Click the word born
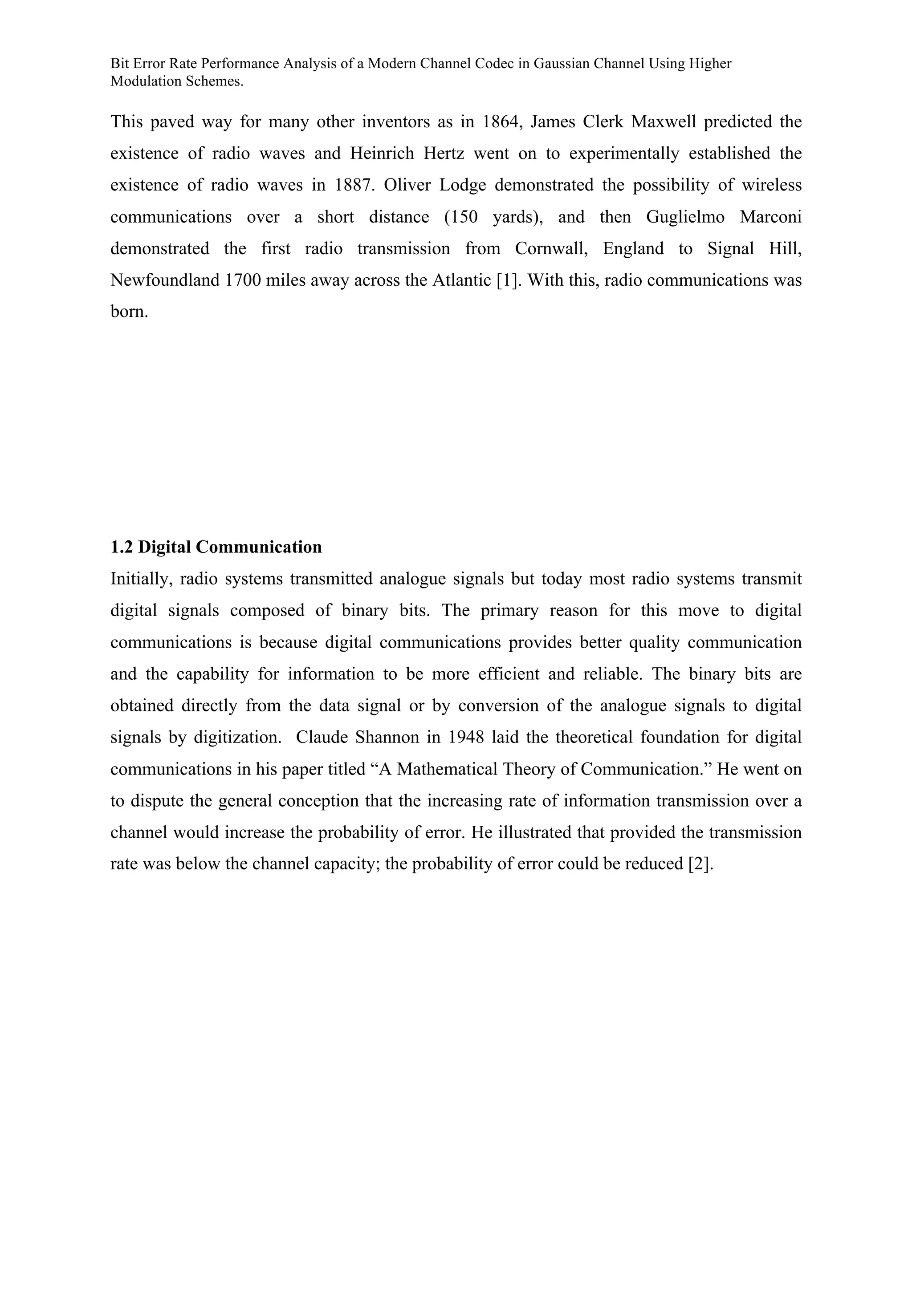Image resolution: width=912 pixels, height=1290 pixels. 129,312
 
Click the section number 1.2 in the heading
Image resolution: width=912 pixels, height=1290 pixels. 122,547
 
